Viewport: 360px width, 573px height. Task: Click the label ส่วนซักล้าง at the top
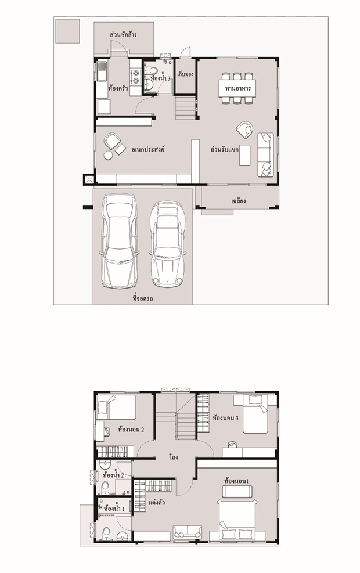(123, 35)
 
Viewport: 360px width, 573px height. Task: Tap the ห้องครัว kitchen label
(118, 88)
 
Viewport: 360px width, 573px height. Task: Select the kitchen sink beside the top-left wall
(102, 71)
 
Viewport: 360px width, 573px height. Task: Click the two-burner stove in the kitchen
(136, 77)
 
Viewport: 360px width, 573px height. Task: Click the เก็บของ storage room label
(185, 74)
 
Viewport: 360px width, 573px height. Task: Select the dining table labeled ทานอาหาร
(237, 88)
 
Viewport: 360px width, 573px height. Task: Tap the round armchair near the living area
(244, 129)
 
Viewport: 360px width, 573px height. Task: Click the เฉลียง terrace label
(238, 201)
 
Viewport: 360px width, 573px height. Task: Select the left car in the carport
(119, 241)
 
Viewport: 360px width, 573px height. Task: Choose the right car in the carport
(167, 243)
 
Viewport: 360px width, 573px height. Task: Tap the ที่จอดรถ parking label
(142, 298)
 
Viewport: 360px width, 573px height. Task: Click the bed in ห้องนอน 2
(116, 407)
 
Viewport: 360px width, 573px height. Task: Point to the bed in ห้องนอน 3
(255, 413)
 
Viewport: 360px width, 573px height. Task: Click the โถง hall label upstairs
(174, 457)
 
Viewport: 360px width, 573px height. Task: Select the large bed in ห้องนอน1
(237, 520)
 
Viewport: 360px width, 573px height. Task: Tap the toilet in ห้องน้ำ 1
(106, 534)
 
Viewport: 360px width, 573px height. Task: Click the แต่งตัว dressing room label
(156, 503)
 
